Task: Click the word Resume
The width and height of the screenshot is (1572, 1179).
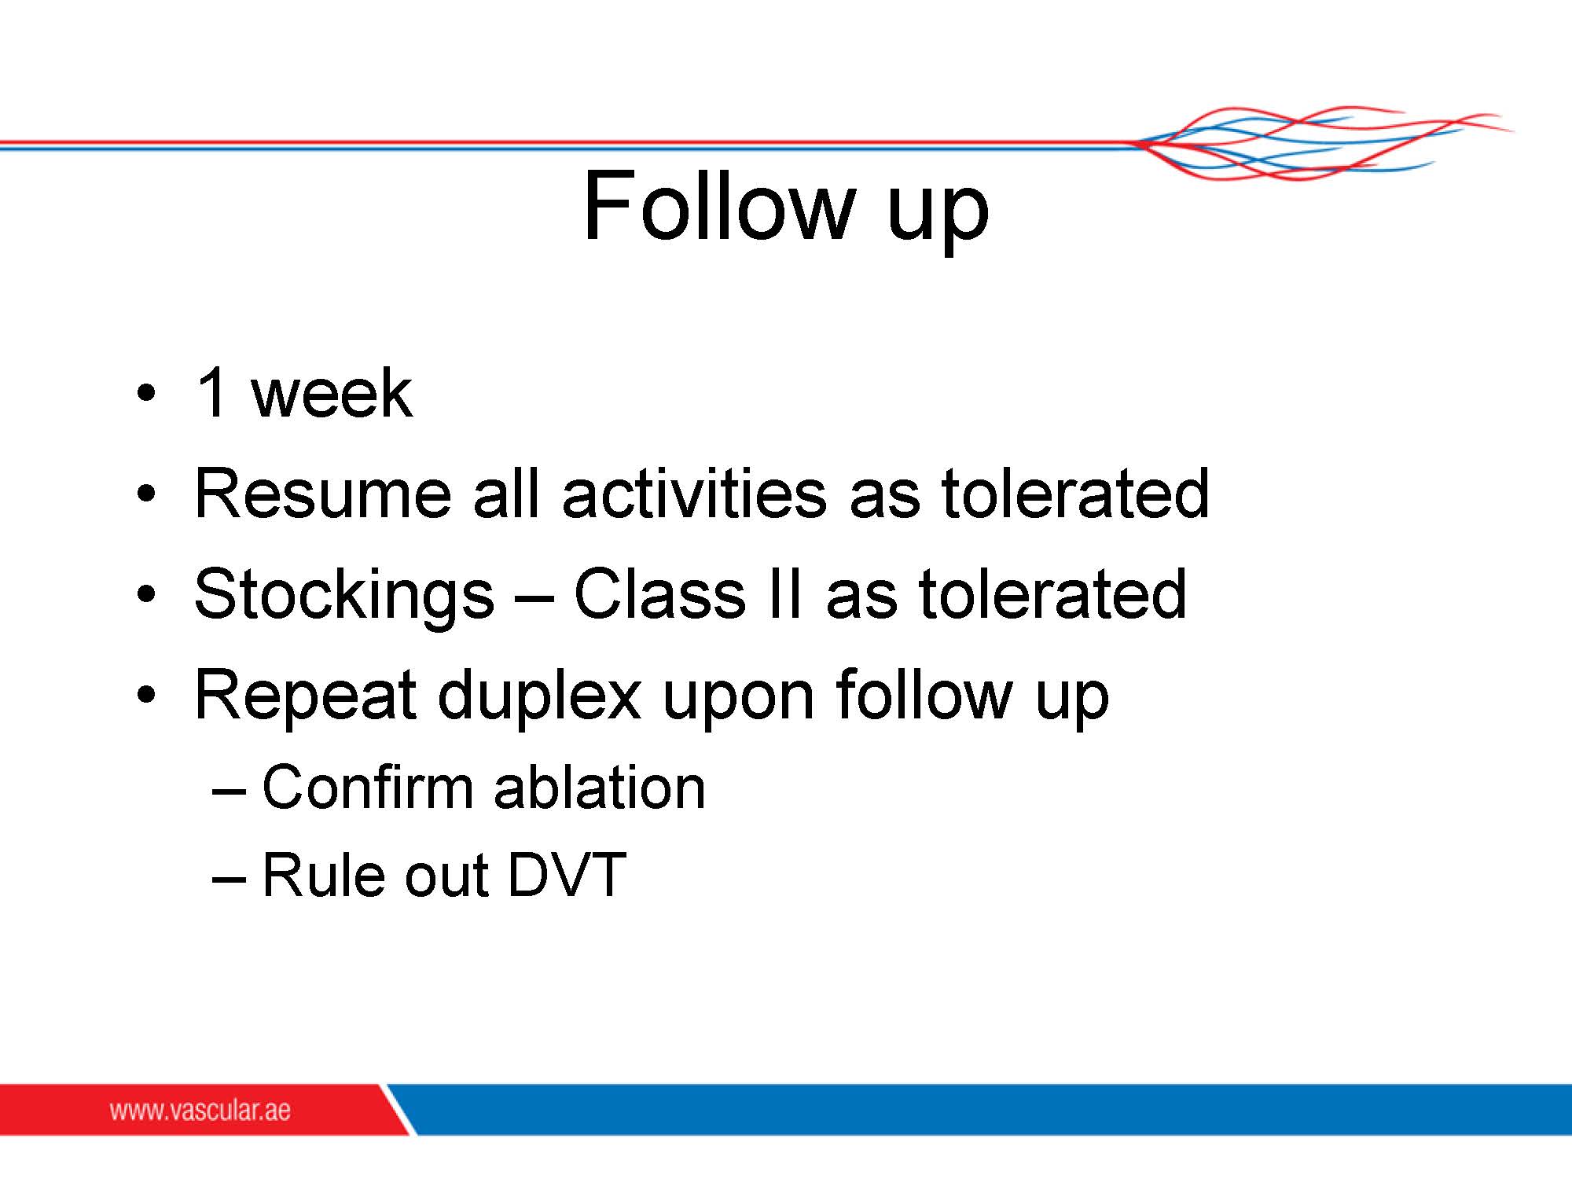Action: (x=322, y=494)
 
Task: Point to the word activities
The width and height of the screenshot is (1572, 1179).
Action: (x=694, y=493)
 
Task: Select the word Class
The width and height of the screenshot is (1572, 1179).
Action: (x=659, y=593)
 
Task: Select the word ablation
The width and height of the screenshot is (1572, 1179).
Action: (x=600, y=787)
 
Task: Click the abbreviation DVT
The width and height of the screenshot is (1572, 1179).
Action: (x=567, y=875)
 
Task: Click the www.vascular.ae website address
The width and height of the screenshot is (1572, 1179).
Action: (x=200, y=1110)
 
